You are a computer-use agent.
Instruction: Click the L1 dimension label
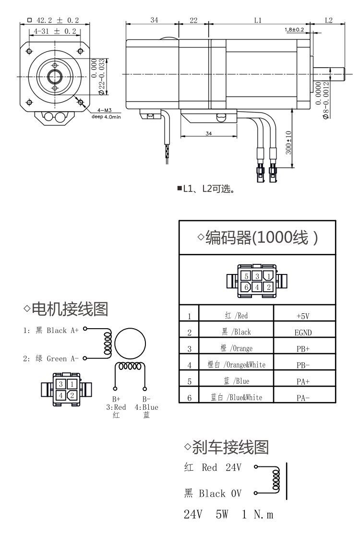click(258, 20)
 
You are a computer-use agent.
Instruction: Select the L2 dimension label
click(329, 20)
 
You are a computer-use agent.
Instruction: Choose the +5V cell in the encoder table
click(304, 316)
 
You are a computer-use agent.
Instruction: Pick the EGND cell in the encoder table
click(304, 332)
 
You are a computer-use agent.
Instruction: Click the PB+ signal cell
click(303, 348)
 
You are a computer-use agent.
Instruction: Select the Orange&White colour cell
click(236, 365)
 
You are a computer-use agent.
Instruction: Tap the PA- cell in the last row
click(303, 397)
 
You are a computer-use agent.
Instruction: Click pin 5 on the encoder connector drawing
click(246, 276)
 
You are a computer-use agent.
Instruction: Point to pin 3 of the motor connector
click(61, 384)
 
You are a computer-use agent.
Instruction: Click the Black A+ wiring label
click(57, 331)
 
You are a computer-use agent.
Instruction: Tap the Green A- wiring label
click(57, 358)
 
